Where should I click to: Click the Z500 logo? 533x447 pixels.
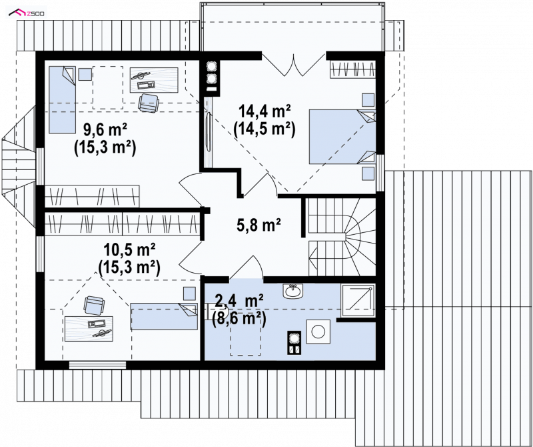[27, 13]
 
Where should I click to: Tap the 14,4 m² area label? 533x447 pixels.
[265, 110]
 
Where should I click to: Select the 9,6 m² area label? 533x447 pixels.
[105, 129]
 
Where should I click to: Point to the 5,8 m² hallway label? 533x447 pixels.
[259, 225]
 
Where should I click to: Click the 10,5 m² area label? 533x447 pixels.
[129, 250]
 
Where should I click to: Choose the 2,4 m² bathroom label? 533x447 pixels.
[239, 301]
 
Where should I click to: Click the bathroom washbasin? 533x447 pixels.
[292, 291]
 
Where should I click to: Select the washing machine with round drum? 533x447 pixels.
[318, 332]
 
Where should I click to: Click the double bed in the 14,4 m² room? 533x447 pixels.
[342, 136]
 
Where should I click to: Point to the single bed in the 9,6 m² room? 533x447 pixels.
[62, 99]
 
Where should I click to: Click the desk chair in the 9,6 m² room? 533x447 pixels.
[149, 103]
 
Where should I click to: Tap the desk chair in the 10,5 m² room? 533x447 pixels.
[94, 305]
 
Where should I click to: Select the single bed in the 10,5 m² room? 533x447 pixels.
[164, 316]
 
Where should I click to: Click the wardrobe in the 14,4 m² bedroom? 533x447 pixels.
[353, 69]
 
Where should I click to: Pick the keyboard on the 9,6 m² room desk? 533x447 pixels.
[146, 84]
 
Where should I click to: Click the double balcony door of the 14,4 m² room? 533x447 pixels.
[293, 63]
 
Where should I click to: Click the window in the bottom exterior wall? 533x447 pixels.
[97, 365]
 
